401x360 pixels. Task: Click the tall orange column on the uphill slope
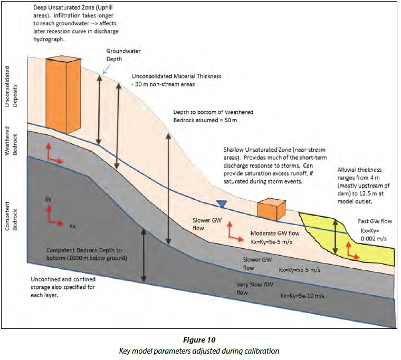coord(63,94)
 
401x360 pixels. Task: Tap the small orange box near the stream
coord(271,209)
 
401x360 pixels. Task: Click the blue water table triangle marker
coord(222,203)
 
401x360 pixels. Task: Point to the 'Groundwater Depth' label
coord(123,55)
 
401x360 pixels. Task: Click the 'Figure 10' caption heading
coord(199,340)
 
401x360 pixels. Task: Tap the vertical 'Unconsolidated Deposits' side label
coord(11,86)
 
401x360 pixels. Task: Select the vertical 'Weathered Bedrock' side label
coord(11,141)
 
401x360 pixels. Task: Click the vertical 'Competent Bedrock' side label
coord(11,216)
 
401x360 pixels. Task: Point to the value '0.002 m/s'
coord(374,239)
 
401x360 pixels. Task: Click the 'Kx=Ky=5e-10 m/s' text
coord(302,296)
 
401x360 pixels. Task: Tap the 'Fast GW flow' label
coord(375,221)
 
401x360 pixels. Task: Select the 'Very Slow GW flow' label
coord(255,288)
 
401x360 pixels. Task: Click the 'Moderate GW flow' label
coord(275,233)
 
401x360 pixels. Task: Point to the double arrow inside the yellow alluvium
coord(336,237)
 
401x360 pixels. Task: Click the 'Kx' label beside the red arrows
coord(72,226)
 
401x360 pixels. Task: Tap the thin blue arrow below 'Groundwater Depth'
coord(107,69)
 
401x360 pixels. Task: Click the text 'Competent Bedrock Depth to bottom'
coord(84,250)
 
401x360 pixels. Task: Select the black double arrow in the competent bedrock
coord(144,255)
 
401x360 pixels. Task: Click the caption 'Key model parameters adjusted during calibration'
coord(199,351)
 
